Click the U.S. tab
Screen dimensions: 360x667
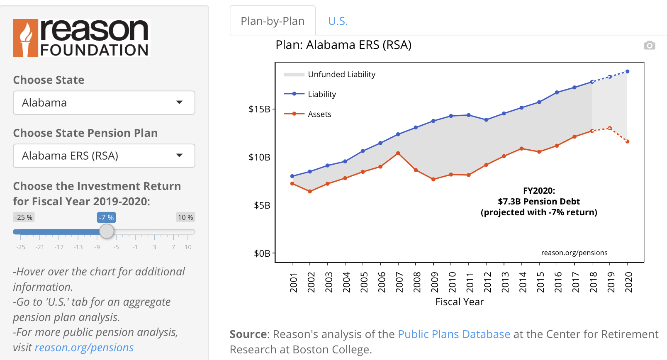pyautogui.click(x=338, y=21)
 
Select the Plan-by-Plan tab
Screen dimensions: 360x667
pyautogui.click(x=273, y=21)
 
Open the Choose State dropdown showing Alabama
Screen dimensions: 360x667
pyautogui.click(x=104, y=103)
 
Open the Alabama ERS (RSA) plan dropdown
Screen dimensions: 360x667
pyautogui.click(x=104, y=156)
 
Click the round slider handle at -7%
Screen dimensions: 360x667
pyautogui.click(x=107, y=231)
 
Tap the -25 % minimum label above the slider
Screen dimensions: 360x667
pyautogui.click(x=24, y=217)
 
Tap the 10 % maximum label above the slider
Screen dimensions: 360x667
pyautogui.click(x=185, y=217)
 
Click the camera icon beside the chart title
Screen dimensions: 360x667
pyautogui.click(x=650, y=45)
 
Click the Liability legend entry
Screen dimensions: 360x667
pyautogui.click(x=321, y=94)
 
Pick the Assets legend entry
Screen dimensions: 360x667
pyautogui.click(x=319, y=114)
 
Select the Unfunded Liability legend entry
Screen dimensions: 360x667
pyautogui.click(x=341, y=74)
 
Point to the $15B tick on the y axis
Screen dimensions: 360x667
pyautogui.click(x=259, y=109)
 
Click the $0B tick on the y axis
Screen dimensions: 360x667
pyautogui.click(x=262, y=253)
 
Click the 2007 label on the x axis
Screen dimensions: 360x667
pyautogui.click(x=399, y=282)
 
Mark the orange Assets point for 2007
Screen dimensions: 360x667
pyautogui.click(x=398, y=153)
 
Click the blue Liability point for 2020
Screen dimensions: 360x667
pyautogui.click(x=627, y=72)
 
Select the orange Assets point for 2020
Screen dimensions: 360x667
pyautogui.click(x=627, y=142)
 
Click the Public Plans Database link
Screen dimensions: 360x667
pyautogui.click(x=454, y=334)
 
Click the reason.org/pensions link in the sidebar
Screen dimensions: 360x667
pyautogui.click(x=84, y=348)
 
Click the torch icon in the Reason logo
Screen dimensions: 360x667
pyautogui.click(x=26, y=38)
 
